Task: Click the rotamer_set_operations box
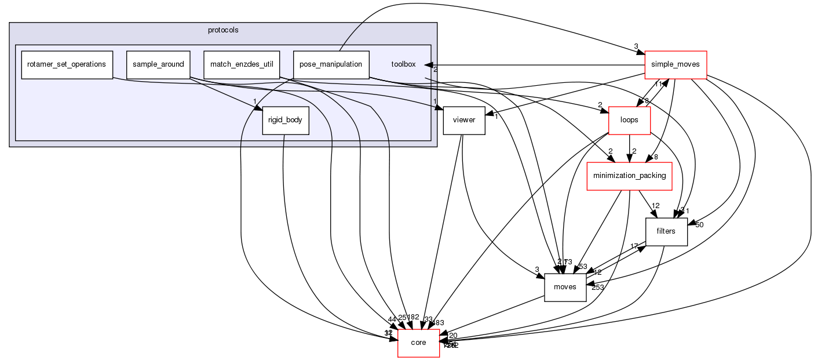[66, 64]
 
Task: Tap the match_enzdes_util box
[242, 64]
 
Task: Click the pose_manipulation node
[331, 64]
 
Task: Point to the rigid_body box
[285, 121]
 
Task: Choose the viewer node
[463, 121]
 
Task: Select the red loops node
[629, 121]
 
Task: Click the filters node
[666, 232]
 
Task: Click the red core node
[418, 343]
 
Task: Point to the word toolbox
[403, 64]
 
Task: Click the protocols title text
[222, 30]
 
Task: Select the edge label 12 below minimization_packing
[656, 206]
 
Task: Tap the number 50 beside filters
[699, 225]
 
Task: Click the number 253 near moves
[598, 288]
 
